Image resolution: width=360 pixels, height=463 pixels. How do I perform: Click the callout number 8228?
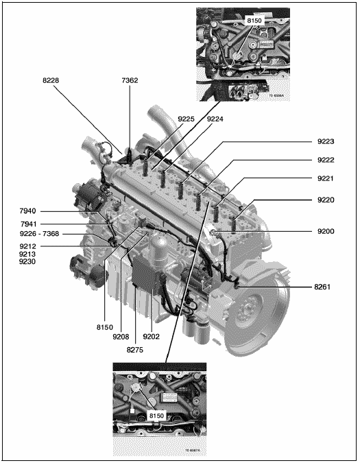(51, 80)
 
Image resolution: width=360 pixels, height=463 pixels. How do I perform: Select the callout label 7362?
(130, 80)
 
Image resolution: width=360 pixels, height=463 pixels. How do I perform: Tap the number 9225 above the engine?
(186, 119)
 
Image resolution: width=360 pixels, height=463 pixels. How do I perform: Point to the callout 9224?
(215, 119)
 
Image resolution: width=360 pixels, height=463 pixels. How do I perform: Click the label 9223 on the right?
(326, 141)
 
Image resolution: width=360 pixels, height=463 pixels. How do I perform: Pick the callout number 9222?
(326, 160)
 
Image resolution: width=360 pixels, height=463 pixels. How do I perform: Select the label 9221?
(326, 178)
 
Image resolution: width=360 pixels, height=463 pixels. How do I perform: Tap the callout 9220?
(326, 200)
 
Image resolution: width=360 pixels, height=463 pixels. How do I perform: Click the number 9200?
(326, 231)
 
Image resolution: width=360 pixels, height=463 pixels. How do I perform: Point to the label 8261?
(322, 287)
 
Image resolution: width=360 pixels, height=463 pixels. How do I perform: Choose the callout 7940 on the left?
(27, 211)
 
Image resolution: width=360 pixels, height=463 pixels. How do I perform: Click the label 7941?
(28, 224)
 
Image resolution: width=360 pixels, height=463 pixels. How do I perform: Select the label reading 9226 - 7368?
(39, 234)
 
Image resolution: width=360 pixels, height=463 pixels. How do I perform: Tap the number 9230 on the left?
(27, 261)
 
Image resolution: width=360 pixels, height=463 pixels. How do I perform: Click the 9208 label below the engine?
(121, 336)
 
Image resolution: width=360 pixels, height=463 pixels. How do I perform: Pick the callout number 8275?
(135, 350)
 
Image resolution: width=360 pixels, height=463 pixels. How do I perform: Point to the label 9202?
(151, 336)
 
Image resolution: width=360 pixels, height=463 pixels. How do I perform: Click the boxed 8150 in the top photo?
(254, 21)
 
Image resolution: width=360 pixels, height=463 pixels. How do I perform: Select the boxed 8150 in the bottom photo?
(156, 416)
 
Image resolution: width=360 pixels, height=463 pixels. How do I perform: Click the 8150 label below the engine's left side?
(105, 327)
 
